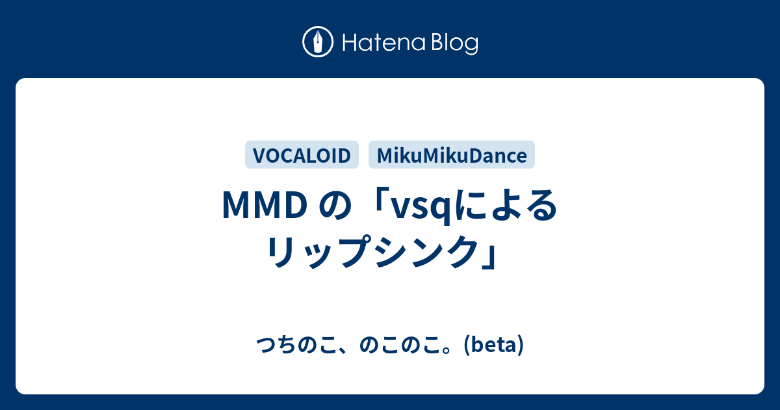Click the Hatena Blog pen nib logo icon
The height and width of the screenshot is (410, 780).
318,42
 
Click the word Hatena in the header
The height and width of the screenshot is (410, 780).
383,43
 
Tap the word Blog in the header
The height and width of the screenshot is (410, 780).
455,44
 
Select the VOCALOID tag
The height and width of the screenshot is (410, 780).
302,155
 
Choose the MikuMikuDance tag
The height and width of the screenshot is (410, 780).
452,155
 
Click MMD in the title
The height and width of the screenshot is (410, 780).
265,206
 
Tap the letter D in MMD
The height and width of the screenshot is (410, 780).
295,206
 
